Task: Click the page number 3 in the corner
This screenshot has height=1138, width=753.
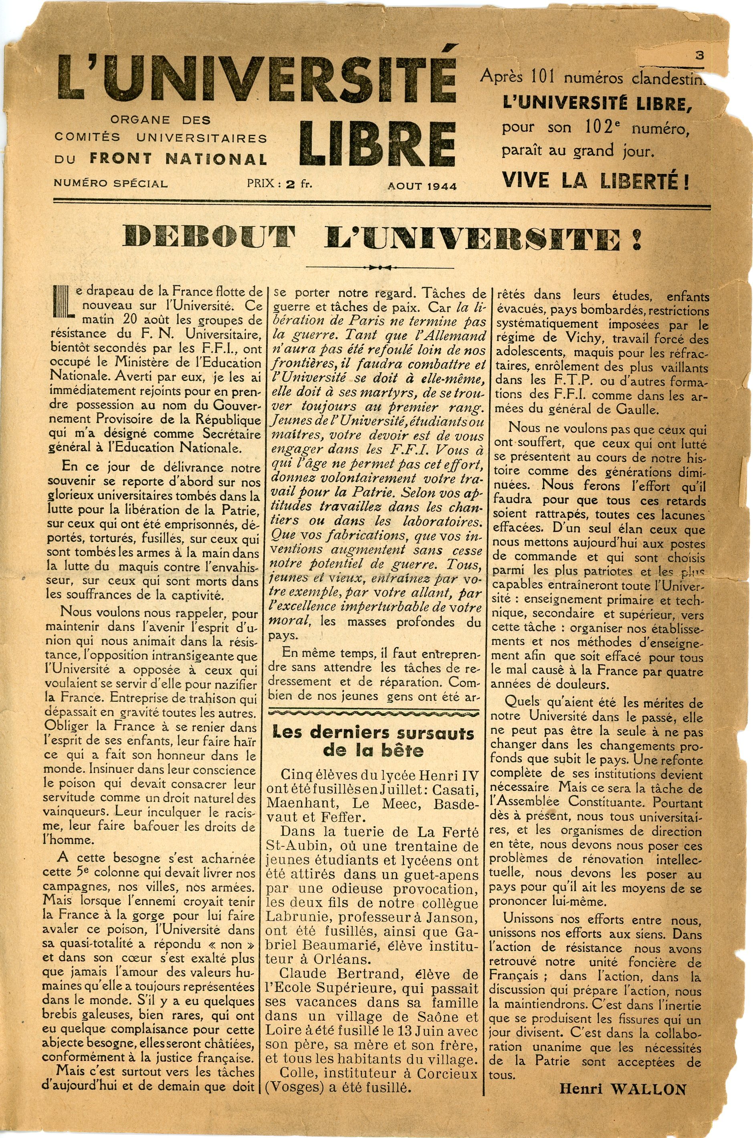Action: point(699,55)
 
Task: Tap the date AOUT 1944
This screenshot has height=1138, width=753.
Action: point(422,186)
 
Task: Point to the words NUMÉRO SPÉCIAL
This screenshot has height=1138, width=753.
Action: point(111,184)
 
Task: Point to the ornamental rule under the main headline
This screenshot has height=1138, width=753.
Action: point(380,267)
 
